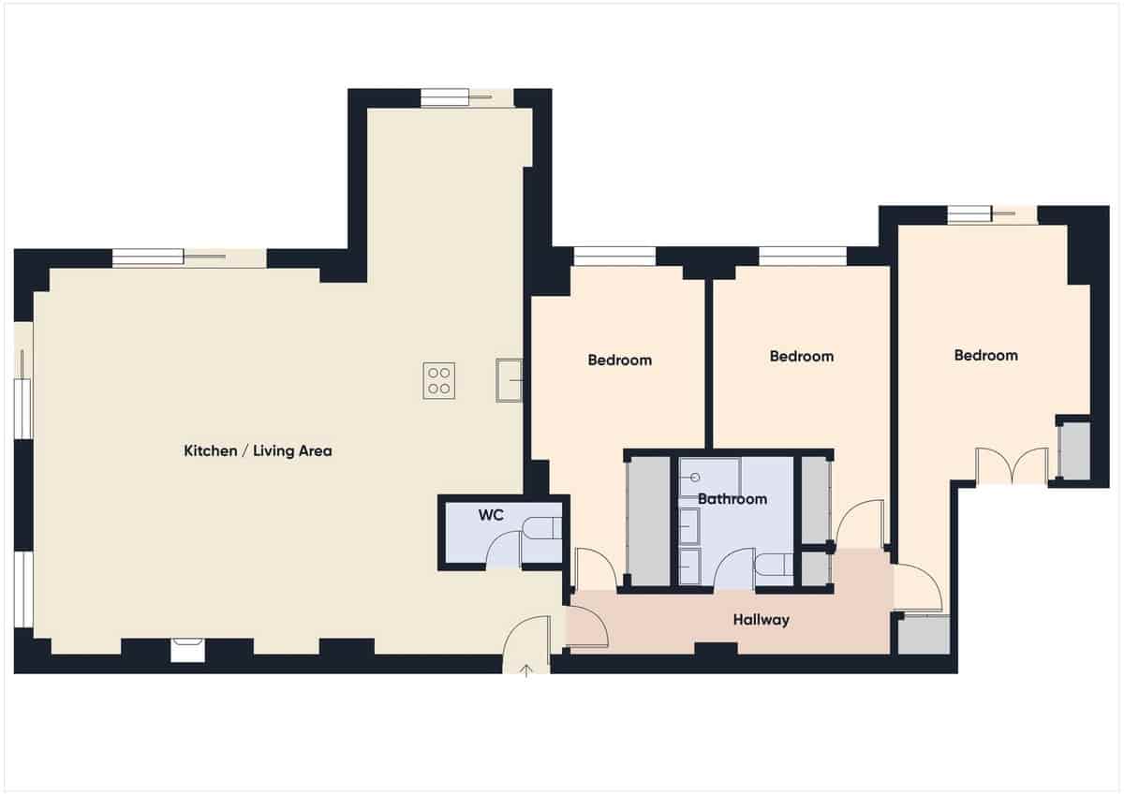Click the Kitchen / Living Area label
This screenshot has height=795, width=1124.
click(258, 451)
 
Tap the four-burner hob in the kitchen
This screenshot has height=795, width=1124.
click(438, 380)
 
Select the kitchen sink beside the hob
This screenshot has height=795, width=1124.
click(509, 379)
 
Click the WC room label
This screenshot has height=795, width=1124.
click(491, 515)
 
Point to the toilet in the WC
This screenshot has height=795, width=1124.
click(541, 530)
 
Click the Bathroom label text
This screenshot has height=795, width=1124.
click(732, 499)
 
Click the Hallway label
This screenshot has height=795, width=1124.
click(761, 620)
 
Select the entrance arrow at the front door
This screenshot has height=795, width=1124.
click(526, 669)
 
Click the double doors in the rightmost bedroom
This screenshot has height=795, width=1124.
click(1012, 465)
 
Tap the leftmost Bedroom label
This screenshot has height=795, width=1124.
click(619, 360)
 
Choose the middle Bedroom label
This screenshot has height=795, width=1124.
click(801, 356)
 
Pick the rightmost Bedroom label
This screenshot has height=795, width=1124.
click(985, 355)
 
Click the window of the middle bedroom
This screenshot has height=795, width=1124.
click(802, 255)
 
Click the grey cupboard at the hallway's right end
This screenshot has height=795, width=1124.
click(923, 634)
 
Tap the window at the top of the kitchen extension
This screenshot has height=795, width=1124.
click(445, 97)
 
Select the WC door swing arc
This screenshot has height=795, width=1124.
click(502, 551)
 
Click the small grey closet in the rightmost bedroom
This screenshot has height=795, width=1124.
click(1073, 451)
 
